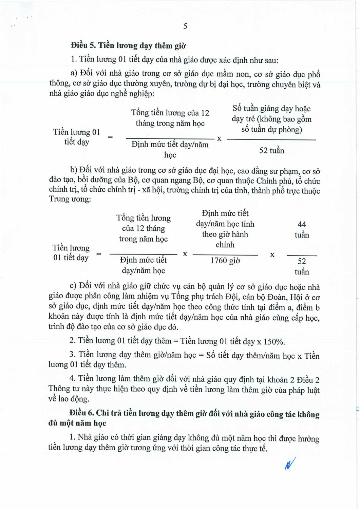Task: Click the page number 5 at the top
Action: tap(185, 26)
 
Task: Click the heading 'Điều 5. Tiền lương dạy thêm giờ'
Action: tap(128, 45)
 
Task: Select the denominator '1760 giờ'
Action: tap(225, 261)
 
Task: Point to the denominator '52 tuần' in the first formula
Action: tap(271, 150)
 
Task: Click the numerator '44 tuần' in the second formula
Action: tap(302, 229)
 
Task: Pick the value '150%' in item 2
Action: tap(274, 341)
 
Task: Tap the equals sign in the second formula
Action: tap(99, 254)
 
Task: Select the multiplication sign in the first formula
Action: tap(219, 138)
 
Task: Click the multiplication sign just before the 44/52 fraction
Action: tap(272, 254)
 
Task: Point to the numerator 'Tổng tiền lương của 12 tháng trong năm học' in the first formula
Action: tap(170, 118)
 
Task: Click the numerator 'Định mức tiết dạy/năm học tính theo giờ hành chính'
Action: tap(225, 229)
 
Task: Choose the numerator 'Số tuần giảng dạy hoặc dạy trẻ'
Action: tap(271, 119)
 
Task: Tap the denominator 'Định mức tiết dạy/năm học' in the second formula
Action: tap(143, 265)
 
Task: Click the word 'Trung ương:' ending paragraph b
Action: tap(70, 199)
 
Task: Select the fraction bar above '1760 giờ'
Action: tap(225, 255)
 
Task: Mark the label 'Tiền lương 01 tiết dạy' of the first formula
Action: tap(77, 137)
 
